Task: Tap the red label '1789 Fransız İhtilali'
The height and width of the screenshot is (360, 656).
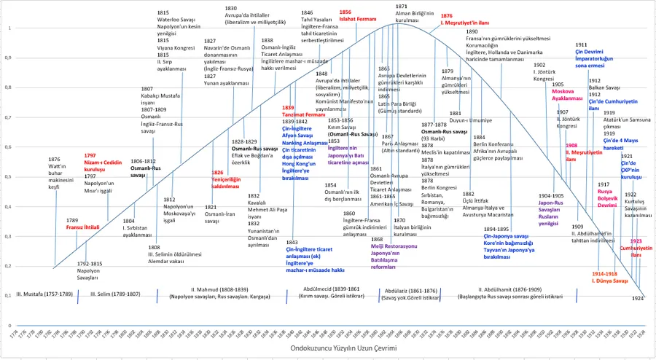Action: (82, 227)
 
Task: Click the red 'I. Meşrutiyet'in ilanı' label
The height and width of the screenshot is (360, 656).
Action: (466, 23)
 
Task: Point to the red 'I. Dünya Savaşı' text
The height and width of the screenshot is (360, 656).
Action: (609, 280)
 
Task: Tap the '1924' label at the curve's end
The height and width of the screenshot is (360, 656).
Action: (638, 298)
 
